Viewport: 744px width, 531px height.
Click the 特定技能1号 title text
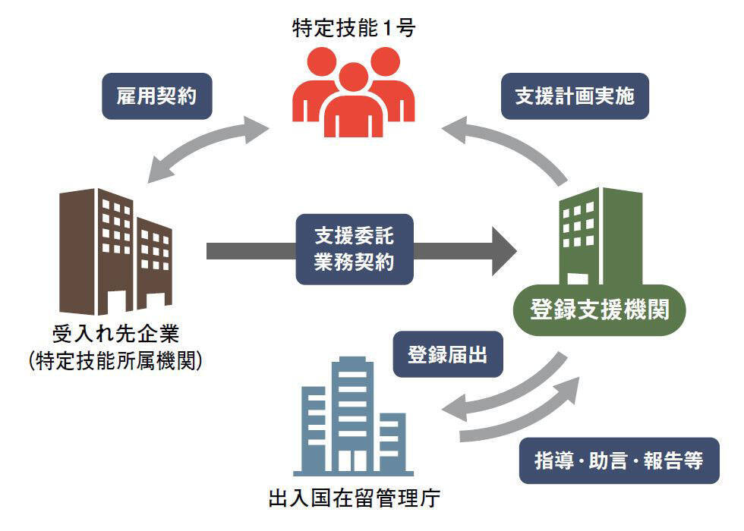point(355,28)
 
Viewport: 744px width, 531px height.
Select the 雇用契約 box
point(156,96)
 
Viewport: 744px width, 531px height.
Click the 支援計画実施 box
point(575,96)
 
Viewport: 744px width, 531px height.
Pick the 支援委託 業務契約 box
point(355,249)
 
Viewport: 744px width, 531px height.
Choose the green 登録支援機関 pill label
point(599,310)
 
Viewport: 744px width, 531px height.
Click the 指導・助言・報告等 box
point(619,460)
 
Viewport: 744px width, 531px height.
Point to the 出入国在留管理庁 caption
point(355,499)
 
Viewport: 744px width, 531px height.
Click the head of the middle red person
point(354,77)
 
